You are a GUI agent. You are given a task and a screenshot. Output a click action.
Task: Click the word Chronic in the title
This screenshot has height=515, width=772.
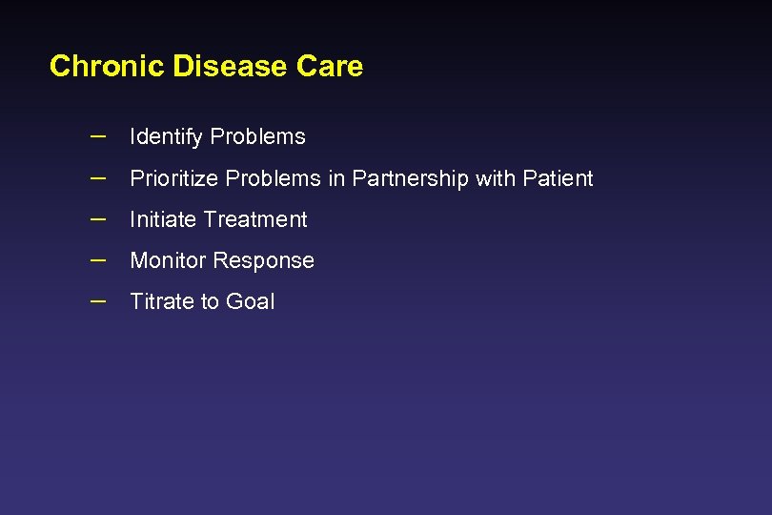point(107,67)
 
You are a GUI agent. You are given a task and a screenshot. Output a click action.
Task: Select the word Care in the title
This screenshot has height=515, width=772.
point(330,67)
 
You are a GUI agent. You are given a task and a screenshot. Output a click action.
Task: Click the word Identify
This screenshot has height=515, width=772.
point(166,137)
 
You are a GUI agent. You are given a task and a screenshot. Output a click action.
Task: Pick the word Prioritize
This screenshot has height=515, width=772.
point(174,179)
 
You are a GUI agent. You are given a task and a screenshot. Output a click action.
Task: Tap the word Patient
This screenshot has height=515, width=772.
point(558,178)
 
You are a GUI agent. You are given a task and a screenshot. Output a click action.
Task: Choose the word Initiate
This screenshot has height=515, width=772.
point(160,219)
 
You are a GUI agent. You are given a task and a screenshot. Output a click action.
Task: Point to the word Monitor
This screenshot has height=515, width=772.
point(169,260)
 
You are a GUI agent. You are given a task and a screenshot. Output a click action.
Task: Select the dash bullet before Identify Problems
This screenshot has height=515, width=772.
point(97,135)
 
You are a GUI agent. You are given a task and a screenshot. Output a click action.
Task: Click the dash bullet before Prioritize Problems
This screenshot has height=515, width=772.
point(97,177)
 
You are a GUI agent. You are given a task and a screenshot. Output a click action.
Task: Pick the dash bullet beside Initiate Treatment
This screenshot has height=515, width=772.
point(97,217)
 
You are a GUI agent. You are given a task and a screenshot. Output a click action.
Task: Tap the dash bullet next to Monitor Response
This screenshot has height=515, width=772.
point(97,258)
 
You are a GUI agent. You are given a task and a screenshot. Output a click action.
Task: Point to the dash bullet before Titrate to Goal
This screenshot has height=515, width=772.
point(97,299)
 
